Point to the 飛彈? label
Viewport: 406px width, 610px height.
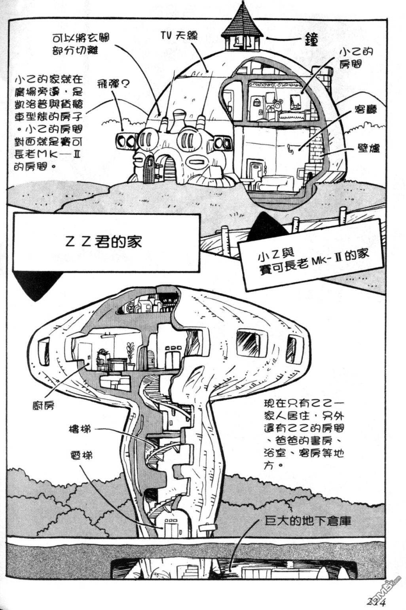(113, 84)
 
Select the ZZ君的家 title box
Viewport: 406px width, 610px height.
(106, 242)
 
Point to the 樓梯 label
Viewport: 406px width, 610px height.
(80, 429)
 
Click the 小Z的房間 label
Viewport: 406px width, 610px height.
(351, 58)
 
